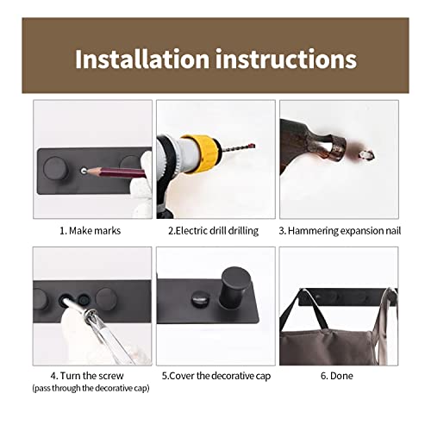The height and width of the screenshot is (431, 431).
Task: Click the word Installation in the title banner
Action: (x=142, y=59)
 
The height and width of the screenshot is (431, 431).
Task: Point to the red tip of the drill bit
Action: (x=252, y=146)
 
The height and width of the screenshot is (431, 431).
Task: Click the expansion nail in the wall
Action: (x=367, y=155)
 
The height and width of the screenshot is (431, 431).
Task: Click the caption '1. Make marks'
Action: (x=90, y=231)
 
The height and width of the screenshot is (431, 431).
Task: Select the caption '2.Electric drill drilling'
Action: (x=213, y=231)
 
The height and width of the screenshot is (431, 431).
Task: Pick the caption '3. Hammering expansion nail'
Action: (x=340, y=231)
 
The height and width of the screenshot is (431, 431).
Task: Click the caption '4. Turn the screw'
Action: (x=87, y=376)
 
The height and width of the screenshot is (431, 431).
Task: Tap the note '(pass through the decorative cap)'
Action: (x=91, y=388)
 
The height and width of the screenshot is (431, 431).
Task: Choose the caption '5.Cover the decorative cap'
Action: (x=216, y=376)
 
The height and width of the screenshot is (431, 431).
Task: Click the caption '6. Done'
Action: (x=337, y=376)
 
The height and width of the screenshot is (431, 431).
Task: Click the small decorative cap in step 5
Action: (x=201, y=299)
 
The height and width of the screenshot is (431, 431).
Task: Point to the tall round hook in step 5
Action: (x=234, y=288)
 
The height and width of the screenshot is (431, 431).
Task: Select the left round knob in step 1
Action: (x=56, y=168)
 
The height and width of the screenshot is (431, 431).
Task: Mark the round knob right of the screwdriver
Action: (x=106, y=299)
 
